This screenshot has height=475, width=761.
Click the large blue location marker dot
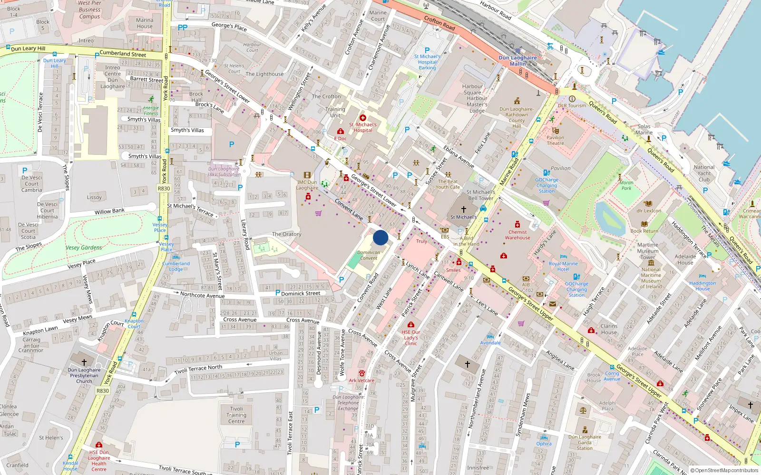pyautogui.click(x=380, y=237)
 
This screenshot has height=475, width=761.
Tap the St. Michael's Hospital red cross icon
pyautogui.click(x=363, y=118)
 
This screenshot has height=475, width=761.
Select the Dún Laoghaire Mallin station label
pyautogui.click(x=517, y=61)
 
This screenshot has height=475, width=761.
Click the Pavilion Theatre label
pyautogui.click(x=555, y=140)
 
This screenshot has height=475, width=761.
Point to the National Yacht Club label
pyautogui.click(x=704, y=173)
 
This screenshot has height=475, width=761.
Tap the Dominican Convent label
pyautogui.click(x=369, y=256)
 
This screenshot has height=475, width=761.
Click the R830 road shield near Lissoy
pyautogui.click(x=164, y=189)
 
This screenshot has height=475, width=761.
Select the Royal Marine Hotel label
pyautogui.click(x=563, y=266)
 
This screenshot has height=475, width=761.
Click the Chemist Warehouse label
pyautogui.click(x=517, y=235)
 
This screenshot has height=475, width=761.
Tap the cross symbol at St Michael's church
pyautogui.click(x=464, y=209)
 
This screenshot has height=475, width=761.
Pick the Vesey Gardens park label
pyautogui.click(x=84, y=247)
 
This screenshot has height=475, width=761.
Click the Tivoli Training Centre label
pyautogui.click(x=236, y=415)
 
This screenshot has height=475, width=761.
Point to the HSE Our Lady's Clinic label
pyautogui.click(x=411, y=338)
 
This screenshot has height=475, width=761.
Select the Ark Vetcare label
pyautogui.click(x=361, y=380)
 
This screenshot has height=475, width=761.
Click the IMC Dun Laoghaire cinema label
pyautogui.click(x=307, y=185)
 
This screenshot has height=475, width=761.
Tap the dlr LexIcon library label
pyautogui.click(x=649, y=211)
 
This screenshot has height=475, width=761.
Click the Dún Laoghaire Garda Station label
pyautogui.click(x=585, y=442)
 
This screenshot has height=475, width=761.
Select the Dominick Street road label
pyautogui.click(x=301, y=294)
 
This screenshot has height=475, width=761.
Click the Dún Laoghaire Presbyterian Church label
pyautogui.click(x=84, y=375)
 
